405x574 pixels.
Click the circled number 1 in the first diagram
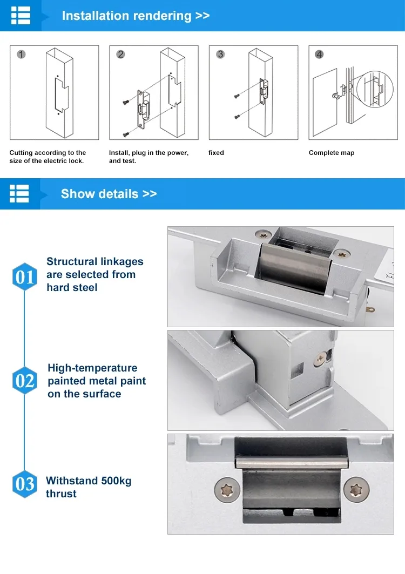[x=21, y=55]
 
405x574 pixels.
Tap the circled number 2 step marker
[x=120, y=55]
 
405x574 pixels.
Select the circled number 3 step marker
[x=220, y=55]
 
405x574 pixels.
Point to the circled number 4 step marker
[x=319, y=55]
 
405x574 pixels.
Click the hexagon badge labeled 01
[x=24, y=277]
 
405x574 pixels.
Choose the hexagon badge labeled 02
[x=24, y=381]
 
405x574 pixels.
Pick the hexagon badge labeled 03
[x=24, y=484]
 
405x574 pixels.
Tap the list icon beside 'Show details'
[x=19, y=194]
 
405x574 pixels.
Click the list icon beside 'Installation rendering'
[x=21, y=15]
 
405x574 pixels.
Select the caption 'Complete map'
[x=332, y=153]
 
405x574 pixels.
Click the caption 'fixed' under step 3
[x=216, y=153]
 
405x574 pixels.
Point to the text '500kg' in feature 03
[x=116, y=481]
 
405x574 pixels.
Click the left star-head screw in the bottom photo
[x=227, y=490]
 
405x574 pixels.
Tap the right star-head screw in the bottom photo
[x=356, y=489]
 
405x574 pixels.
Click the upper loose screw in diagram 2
[x=126, y=102]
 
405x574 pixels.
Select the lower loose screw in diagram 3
[x=237, y=117]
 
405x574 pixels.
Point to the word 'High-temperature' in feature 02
[x=93, y=368]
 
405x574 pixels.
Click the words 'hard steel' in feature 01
[x=72, y=288]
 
